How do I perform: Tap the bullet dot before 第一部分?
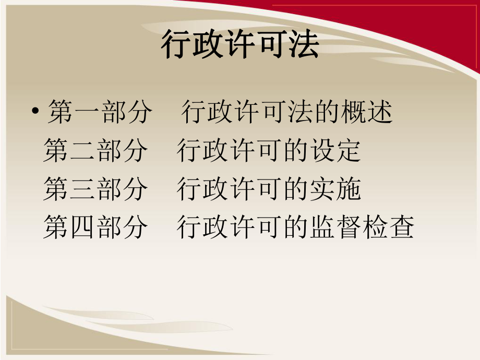(35, 113)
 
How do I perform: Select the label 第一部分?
(100, 113)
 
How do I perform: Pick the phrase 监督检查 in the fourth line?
(362, 228)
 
